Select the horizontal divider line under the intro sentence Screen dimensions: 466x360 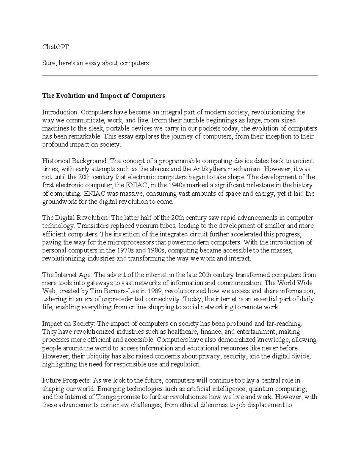click(180, 76)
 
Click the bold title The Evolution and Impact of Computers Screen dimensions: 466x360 click(103, 96)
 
